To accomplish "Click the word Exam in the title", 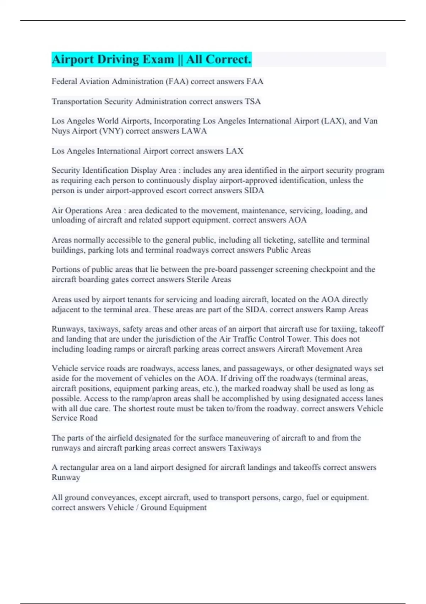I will [x=158, y=59].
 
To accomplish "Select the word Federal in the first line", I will [x=64, y=81].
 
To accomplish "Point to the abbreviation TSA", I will [x=253, y=102].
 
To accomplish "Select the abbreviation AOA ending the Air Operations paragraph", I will [x=297, y=220].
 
